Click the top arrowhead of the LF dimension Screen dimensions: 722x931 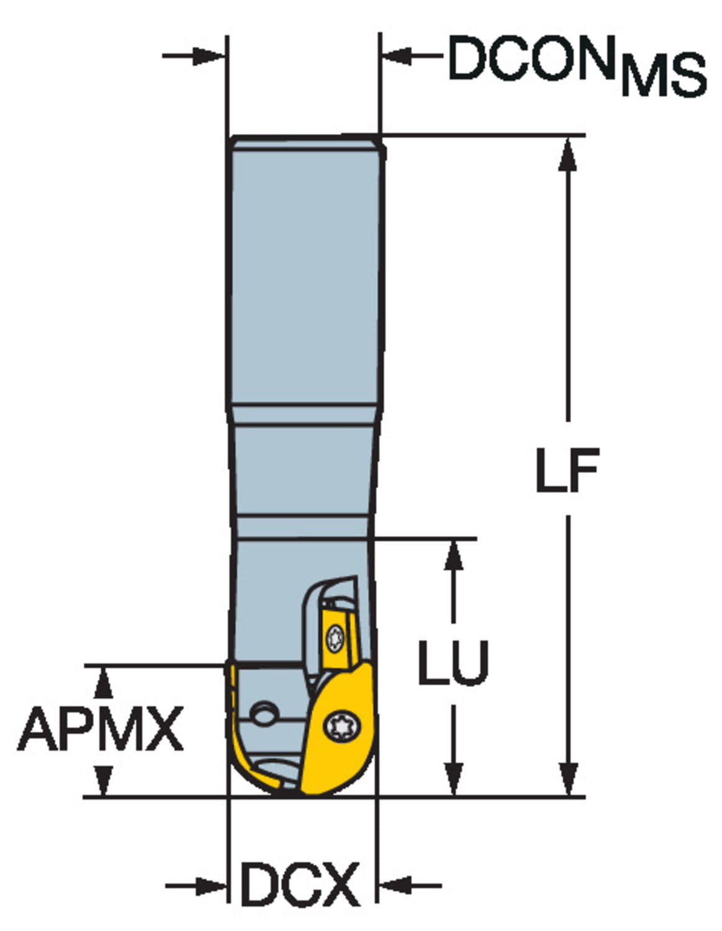click(568, 155)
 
